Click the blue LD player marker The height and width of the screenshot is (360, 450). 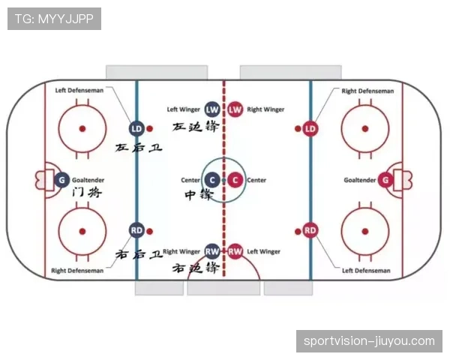click(136, 129)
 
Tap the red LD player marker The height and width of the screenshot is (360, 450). click(310, 129)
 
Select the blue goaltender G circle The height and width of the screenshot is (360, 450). click(61, 180)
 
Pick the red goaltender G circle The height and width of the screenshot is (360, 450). click(385, 180)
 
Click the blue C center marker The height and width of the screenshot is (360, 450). click(212, 180)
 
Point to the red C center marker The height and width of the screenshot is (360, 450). click(235, 180)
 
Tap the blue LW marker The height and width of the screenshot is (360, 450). click(212, 109)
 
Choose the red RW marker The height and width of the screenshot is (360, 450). click(235, 252)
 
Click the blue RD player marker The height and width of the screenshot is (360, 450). click(136, 230)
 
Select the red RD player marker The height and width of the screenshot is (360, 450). click(310, 230)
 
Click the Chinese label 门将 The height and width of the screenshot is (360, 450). click(87, 192)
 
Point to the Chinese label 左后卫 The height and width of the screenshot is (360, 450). click(139, 148)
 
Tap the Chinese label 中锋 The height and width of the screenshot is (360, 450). click(199, 195)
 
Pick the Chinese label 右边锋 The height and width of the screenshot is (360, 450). click(196, 268)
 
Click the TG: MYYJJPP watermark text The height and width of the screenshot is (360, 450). click(54, 19)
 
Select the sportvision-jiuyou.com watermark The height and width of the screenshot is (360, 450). click(369, 341)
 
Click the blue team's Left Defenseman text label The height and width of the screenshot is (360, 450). click(79, 91)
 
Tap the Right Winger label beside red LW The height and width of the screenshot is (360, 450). click(265, 109)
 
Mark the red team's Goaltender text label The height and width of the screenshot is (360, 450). click(359, 180)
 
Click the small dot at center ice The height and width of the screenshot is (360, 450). click(223, 180)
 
